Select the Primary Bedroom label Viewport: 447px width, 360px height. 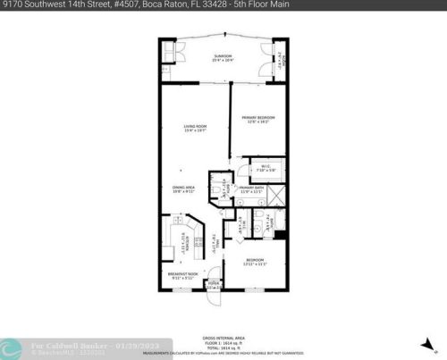click(x=258, y=120)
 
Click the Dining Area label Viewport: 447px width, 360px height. click(x=184, y=188)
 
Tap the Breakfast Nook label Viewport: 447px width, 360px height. click(x=181, y=274)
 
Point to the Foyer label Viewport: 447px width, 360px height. click(x=214, y=285)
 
